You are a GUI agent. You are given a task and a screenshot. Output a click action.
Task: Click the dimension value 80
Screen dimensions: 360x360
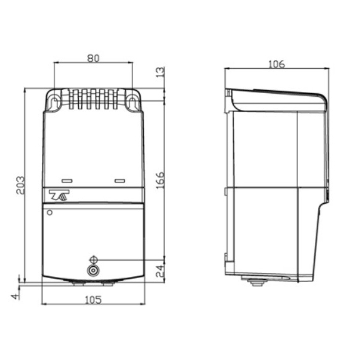coord(93,58)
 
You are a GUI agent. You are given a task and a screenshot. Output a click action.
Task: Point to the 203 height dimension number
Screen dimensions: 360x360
coord(20,185)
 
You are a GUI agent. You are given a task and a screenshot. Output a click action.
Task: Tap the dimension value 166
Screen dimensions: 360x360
coord(160,179)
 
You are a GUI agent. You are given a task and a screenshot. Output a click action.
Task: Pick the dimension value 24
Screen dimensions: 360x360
coord(160,270)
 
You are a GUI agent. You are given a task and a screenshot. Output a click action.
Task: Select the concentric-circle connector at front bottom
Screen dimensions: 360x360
coord(94,271)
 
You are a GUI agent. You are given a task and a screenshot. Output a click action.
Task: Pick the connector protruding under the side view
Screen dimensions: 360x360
coord(256,282)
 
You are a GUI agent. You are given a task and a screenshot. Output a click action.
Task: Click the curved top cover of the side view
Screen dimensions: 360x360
coord(278,96)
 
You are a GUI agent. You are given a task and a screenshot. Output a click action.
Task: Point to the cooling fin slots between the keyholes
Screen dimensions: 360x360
coord(93,100)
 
